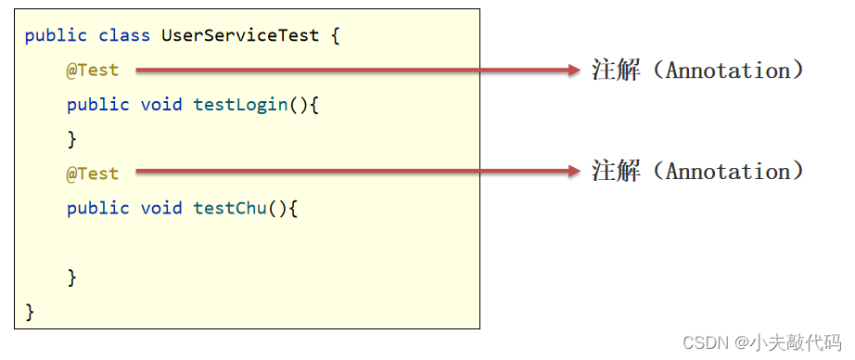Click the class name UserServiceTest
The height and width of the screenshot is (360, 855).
pos(240,36)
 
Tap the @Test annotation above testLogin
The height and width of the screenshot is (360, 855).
pos(93,71)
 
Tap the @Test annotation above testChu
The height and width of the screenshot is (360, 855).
pos(93,174)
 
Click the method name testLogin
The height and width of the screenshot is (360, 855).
pos(240,105)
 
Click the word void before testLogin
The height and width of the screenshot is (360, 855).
pos(162,105)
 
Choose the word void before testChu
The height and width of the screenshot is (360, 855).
pos(162,208)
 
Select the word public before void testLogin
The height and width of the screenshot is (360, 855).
pos(97,105)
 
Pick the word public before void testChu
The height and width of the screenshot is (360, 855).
pos(97,208)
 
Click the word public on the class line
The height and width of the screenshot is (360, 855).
pos(56,36)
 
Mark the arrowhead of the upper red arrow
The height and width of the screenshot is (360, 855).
pos(573,70)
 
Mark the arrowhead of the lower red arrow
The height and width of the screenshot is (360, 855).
pos(573,171)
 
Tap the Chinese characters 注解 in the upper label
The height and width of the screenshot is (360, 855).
pos(615,70)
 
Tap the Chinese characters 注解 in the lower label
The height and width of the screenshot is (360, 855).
pos(615,171)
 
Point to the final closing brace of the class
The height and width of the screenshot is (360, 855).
pos(30,311)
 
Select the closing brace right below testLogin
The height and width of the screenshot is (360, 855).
pos(71,139)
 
